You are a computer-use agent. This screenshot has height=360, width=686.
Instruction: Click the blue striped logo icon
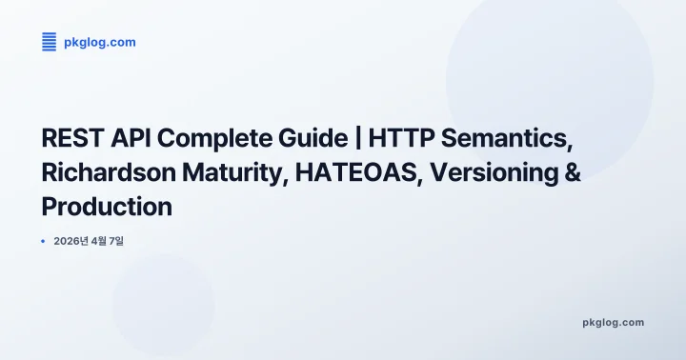click(50, 42)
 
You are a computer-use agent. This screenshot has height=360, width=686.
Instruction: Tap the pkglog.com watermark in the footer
click(613, 322)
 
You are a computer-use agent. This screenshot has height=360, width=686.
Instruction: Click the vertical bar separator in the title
click(345, 138)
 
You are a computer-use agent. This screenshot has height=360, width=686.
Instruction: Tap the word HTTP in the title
click(393, 138)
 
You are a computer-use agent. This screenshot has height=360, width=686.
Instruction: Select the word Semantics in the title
click(505, 138)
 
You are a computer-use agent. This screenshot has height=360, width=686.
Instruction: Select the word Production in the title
click(107, 207)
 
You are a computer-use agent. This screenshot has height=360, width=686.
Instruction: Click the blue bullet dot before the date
click(44, 242)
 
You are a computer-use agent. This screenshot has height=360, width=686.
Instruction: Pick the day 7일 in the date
click(117, 242)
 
